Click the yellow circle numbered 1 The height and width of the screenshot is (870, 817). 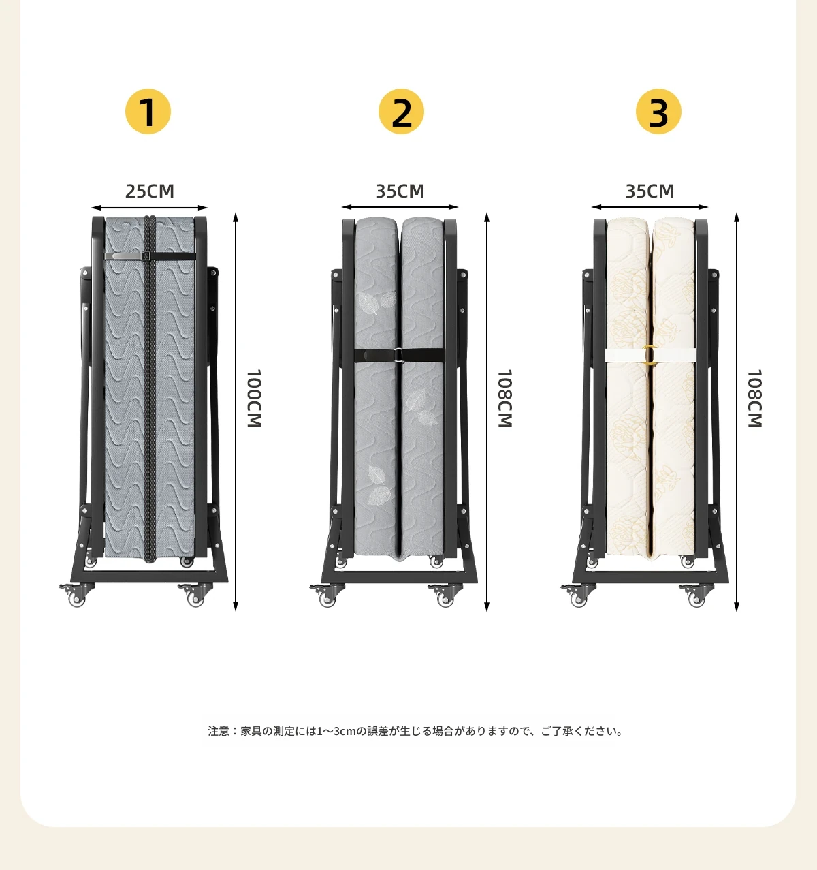[x=148, y=111]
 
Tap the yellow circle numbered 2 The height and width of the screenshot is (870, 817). [x=401, y=111]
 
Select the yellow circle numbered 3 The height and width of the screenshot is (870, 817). [x=658, y=111]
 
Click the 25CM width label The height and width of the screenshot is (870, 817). [x=150, y=191]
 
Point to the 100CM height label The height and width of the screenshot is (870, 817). [x=254, y=399]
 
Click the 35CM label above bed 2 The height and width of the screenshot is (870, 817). [x=400, y=191]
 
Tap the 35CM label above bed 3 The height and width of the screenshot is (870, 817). [x=650, y=191]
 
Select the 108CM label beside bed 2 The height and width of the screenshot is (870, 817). [x=504, y=399]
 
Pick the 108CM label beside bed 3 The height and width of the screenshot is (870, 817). [x=755, y=399]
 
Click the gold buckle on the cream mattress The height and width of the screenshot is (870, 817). [x=650, y=355]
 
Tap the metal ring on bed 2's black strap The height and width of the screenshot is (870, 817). [x=398, y=355]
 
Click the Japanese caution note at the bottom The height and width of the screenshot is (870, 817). [x=415, y=731]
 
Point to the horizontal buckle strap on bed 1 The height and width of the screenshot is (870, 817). [x=150, y=257]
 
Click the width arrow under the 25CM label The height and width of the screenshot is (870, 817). [x=149, y=208]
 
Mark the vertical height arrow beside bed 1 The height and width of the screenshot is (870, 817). [x=235, y=411]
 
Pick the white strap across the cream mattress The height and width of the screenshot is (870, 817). [x=650, y=355]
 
